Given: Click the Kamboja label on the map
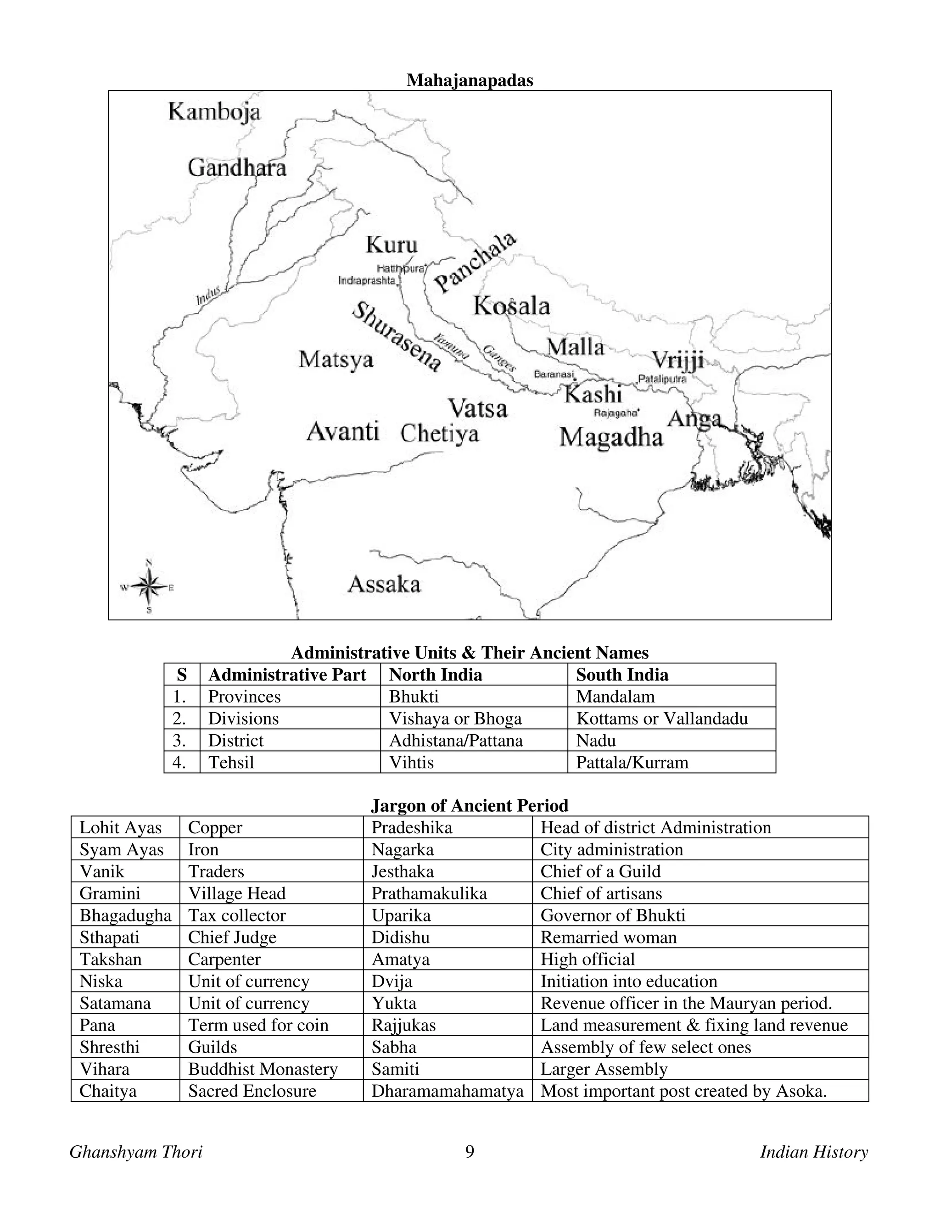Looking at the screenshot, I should pyautogui.click(x=214, y=112).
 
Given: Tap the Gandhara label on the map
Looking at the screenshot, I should pyautogui.click(x=237, y=167).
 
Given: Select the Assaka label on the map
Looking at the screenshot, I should pyautogui.click(x=384, y=585).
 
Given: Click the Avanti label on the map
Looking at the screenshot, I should pyautogui.click(x=342, y=431).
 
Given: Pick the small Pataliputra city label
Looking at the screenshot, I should pyautogui.click(x=662, y=379).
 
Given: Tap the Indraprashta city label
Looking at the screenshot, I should pyautogui.click(x=367, y=281).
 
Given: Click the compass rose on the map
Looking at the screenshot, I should pyautogui.click(x=149, y=587).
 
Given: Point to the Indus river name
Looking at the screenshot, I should pyautogui.click(x=209, y=296).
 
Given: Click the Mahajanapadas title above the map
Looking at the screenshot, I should pyautogui.click(x=470, y=81).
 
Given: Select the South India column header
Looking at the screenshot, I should pyautogui.click(x=621, y=675).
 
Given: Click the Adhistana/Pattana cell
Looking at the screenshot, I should pyautogui.click(x=455, y=741).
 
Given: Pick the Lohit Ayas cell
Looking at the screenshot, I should pyautogui.click(x=120, y=828).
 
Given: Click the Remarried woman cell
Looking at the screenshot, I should pyautogui.click(x=608, y=937).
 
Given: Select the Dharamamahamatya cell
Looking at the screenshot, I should pyautogui.click(x=447, y=1091).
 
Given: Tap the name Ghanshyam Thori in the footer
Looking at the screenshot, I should pyautogui.click(x=136, y=1151).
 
